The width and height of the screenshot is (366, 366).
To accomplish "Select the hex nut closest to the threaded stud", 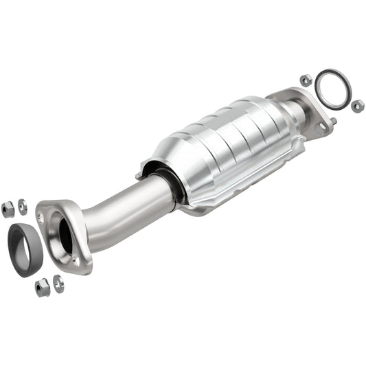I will coord(357,106).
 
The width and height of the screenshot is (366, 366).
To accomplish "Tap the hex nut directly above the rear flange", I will coord(306,80).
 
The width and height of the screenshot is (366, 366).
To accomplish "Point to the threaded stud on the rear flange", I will coord(332,122).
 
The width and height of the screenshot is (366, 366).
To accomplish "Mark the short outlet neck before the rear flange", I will coord(295,112).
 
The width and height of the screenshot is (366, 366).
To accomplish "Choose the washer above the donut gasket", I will coord(23,206).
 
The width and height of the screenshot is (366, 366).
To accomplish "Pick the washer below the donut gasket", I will coord(58,283).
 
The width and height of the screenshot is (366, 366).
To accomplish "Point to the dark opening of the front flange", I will coord(65,236).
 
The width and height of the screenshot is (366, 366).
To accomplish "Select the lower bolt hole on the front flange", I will coord(75,262).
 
